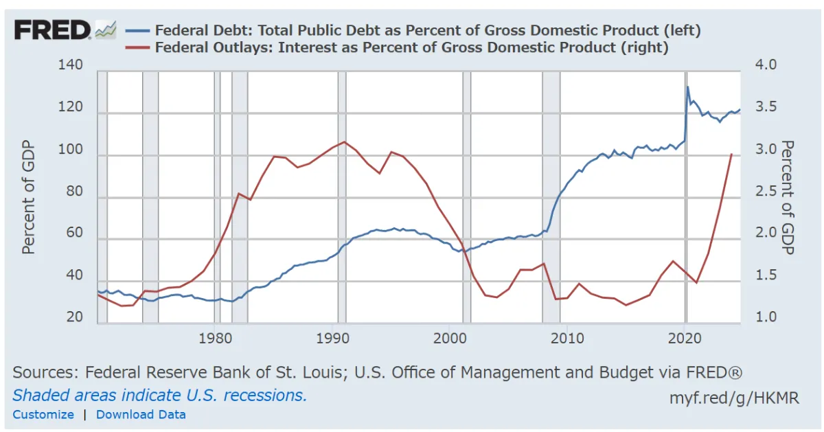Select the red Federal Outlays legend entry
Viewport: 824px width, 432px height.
pos(411,47)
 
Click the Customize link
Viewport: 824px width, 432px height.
pos(43,414)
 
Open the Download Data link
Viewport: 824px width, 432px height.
pos(141,414)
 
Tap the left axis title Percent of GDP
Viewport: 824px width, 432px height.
pos(29,198)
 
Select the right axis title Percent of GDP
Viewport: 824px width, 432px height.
pos(787,198)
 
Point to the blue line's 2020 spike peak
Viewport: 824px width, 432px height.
pos(688,87)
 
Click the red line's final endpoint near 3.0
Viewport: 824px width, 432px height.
pos(731,154)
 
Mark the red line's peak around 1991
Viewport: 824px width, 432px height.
pos(344,141)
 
